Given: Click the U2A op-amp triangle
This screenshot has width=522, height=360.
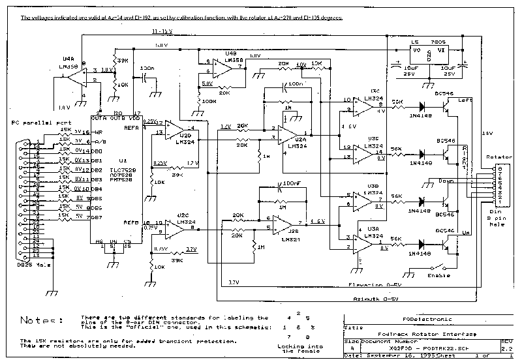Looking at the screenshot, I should tap(285, 134).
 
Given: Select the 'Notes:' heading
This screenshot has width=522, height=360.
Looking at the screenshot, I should tap(40, 320).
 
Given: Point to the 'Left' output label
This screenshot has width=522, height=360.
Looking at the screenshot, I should tap(464, 100).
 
